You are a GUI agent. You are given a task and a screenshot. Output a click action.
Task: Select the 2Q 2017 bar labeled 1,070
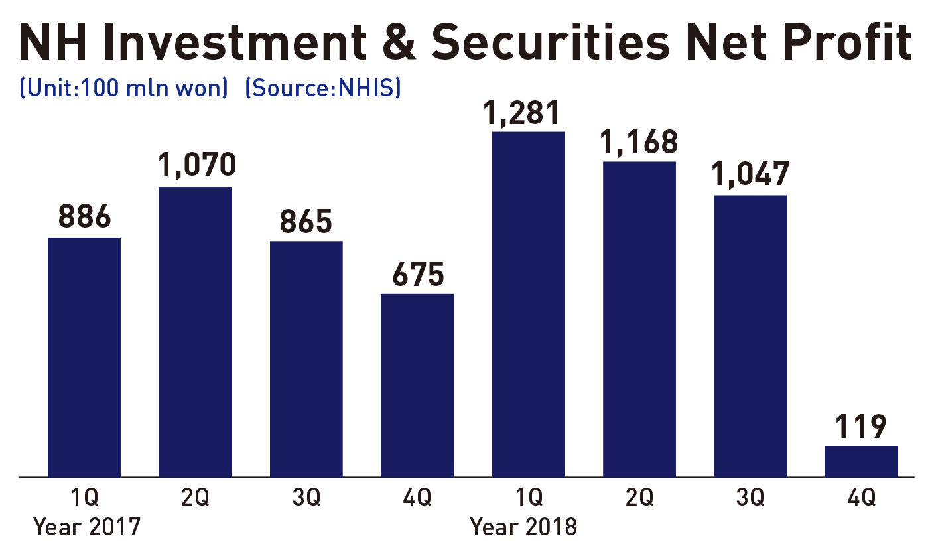pos(195,332)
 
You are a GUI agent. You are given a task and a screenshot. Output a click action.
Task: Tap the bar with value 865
pos(306,359)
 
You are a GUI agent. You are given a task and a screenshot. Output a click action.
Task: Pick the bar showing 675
pos(417,385)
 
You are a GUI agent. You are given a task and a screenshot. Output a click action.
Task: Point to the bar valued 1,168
pos(639,319)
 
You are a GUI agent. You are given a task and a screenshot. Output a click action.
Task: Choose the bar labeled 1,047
pos(750,336)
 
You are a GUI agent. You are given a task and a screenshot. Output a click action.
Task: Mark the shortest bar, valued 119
pos(861,461)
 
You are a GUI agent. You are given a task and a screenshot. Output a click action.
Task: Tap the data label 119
pos(861,427)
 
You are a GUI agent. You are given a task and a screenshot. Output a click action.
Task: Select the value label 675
pos(417,275)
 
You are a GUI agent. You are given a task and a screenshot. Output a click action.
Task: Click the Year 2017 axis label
pos(87,527)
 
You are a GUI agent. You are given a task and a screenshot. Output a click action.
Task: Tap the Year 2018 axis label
pos(523,527)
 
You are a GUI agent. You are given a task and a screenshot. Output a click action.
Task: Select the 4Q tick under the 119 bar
pos(861,497)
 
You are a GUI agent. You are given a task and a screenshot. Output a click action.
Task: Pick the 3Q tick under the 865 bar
pos(306,497)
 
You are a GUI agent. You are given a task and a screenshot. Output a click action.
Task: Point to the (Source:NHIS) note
pos(322,88)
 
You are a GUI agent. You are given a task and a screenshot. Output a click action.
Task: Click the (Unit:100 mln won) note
pos(124,88)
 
